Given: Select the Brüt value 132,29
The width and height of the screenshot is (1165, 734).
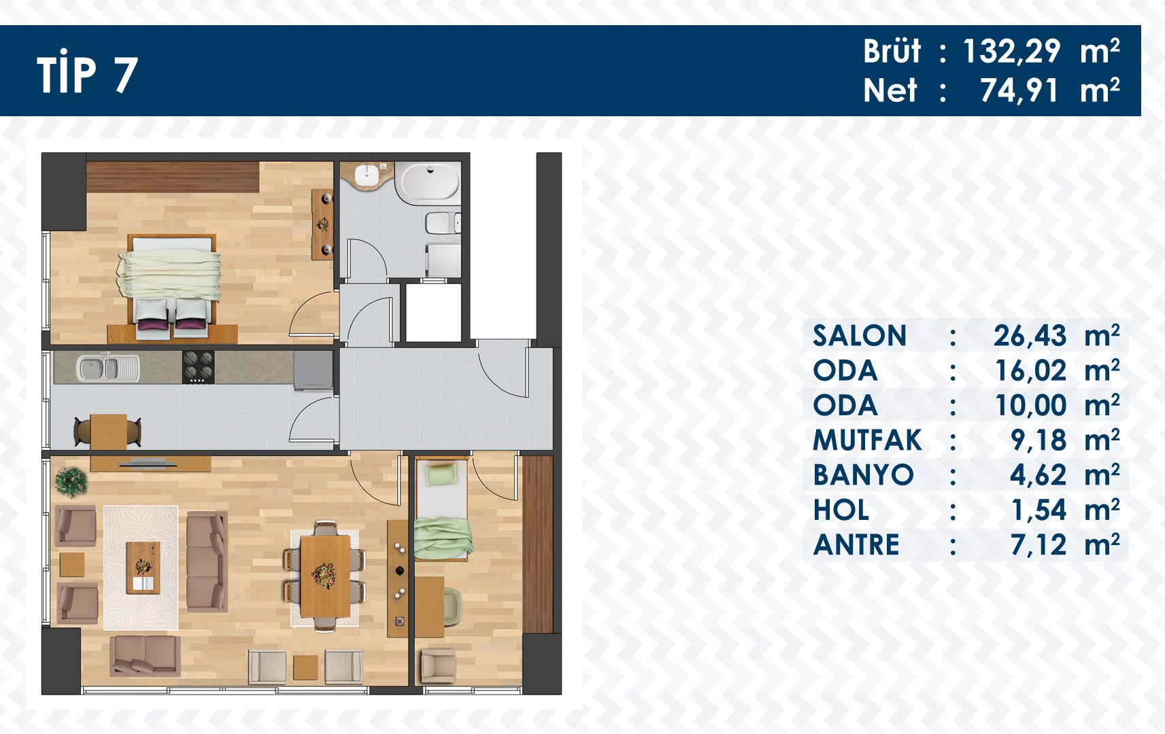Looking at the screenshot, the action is tap(1011, 52).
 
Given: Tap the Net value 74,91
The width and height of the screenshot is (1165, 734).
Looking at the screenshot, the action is tap(1019, 90).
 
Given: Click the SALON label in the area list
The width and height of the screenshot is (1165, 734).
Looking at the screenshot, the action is tap(859, 335).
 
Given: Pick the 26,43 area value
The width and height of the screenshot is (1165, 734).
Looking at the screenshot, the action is tap(1030, 335).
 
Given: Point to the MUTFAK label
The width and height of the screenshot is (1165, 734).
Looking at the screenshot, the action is tap(867, 440).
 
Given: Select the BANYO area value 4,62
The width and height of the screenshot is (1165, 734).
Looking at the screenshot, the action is tap(1038, 475).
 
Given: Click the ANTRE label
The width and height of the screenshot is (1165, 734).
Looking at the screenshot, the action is tap(856, 545).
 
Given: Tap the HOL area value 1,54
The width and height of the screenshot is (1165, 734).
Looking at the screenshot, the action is tap(1039, 510).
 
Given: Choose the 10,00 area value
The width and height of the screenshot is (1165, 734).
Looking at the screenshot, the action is tap(1030, 406).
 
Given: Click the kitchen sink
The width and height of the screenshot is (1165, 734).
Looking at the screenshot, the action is tap(107, 367).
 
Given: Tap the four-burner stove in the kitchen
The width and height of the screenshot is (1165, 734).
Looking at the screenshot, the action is tap(198, 367).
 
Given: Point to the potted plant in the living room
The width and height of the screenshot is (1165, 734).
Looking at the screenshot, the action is tap(71, 481).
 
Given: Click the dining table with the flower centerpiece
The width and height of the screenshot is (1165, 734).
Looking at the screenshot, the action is tap(326, 576).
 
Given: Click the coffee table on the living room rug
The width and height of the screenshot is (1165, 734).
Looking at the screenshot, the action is tap(143, 567).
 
